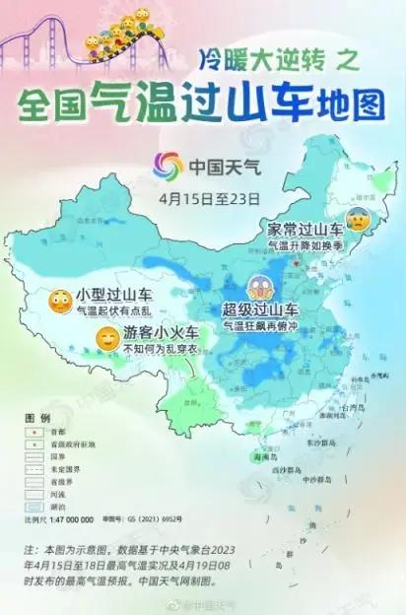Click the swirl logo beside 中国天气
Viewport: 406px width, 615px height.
pyautogui.click(x=169, y=166)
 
